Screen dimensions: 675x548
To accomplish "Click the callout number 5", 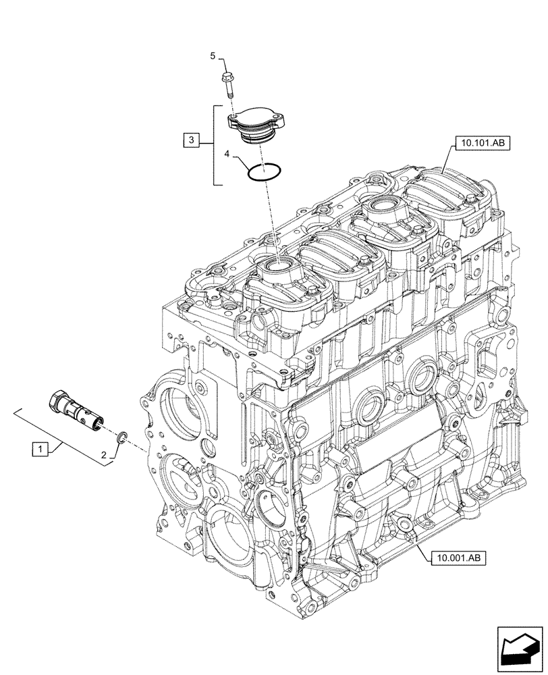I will tap(213, 57).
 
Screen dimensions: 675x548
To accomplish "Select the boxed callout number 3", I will tap(192, 140).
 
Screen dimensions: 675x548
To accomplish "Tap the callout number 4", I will tap(228, 155).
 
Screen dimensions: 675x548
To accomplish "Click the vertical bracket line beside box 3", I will tap(215, 145).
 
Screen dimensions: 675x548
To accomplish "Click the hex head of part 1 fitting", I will tap(56, 402).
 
